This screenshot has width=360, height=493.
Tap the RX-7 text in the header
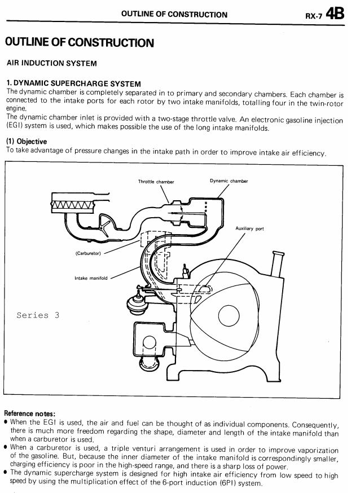point(314,16)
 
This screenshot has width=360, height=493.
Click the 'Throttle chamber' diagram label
point(156,182)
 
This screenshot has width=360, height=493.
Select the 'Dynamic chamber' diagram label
point(229,181)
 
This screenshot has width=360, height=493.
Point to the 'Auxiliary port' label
point(249,228)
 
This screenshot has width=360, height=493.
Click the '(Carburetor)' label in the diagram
point(88,253)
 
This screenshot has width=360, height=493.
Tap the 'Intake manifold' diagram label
point(91,278)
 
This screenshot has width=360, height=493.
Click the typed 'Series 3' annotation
point(38,315)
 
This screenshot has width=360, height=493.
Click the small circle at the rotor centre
point(229,316)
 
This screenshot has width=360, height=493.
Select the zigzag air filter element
point(72,206)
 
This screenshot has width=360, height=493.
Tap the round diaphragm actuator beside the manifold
point(137,303)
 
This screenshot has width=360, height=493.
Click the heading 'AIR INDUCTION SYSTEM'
point(51,63)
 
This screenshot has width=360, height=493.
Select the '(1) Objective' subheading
point(27,141)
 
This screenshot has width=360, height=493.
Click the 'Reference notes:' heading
point(30,413)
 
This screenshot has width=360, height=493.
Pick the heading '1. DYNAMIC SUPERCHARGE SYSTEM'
point(73,83)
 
